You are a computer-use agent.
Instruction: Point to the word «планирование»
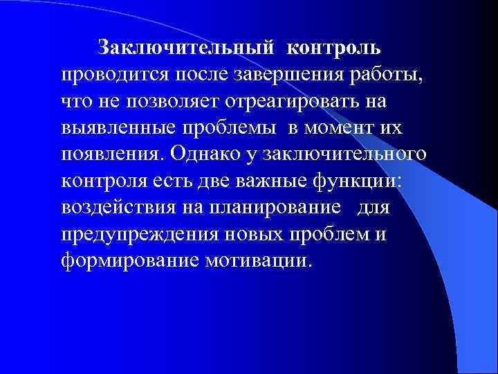283,209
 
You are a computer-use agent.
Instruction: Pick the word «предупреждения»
136,235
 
